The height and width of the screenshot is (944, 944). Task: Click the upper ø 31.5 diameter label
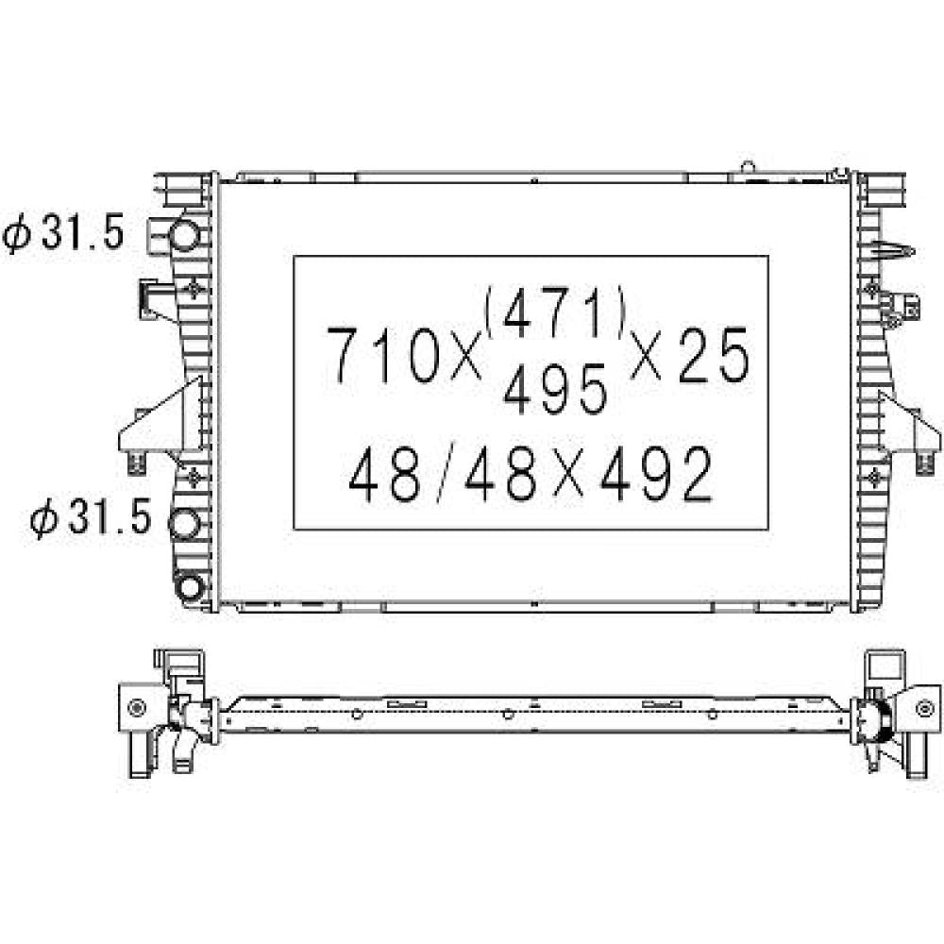pos(64,233)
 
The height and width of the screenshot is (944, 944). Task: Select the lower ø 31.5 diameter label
pos(91,518)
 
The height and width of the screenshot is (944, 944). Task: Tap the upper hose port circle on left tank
pos(186,233)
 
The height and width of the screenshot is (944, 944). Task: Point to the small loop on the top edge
pos(748,167)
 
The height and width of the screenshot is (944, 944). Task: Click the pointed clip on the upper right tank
pos(895,251)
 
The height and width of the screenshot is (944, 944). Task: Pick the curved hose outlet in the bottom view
pos(185,750)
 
